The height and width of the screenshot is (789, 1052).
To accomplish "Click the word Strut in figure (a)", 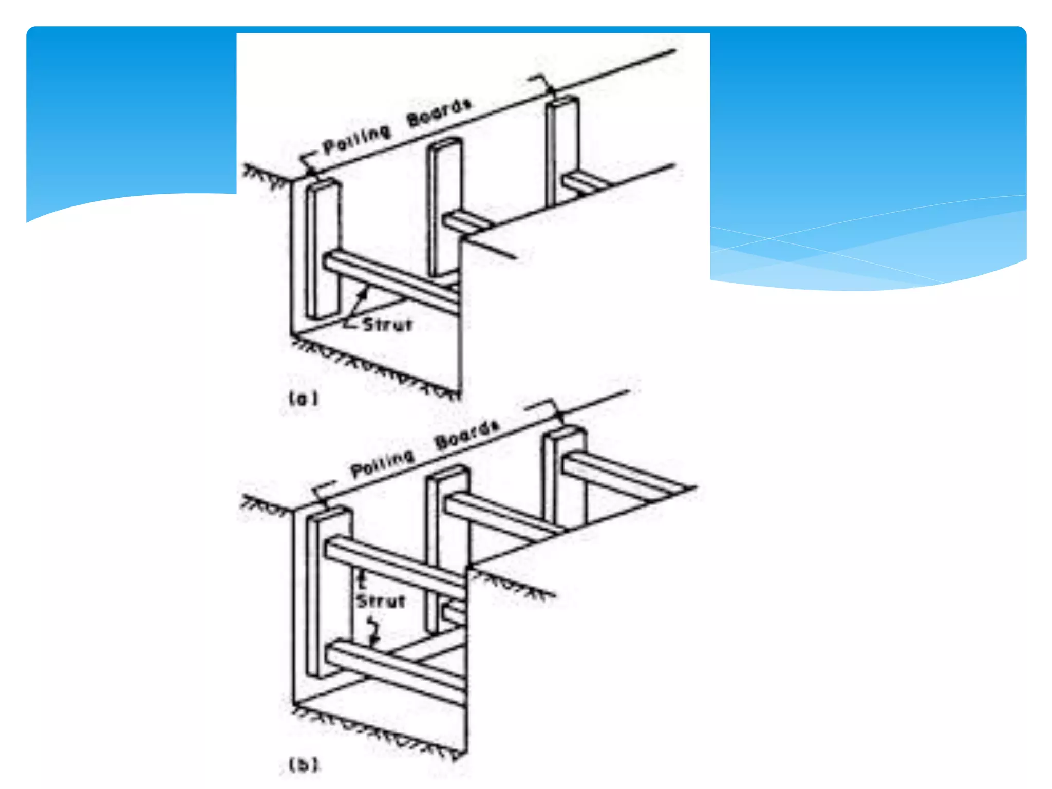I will point(387,325).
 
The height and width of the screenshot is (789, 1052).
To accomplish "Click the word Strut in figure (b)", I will point(381,601).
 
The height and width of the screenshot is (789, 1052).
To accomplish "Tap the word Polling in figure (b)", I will point(382,463).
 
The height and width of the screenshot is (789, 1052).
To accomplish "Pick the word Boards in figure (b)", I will point(466,435).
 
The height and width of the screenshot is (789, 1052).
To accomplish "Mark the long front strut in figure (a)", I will point(390,281).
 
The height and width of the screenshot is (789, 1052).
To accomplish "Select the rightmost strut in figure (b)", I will point(622,475).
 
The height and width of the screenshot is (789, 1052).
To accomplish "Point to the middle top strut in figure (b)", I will point(498,514).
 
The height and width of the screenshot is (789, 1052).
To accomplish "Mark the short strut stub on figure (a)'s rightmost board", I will point(583,184).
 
